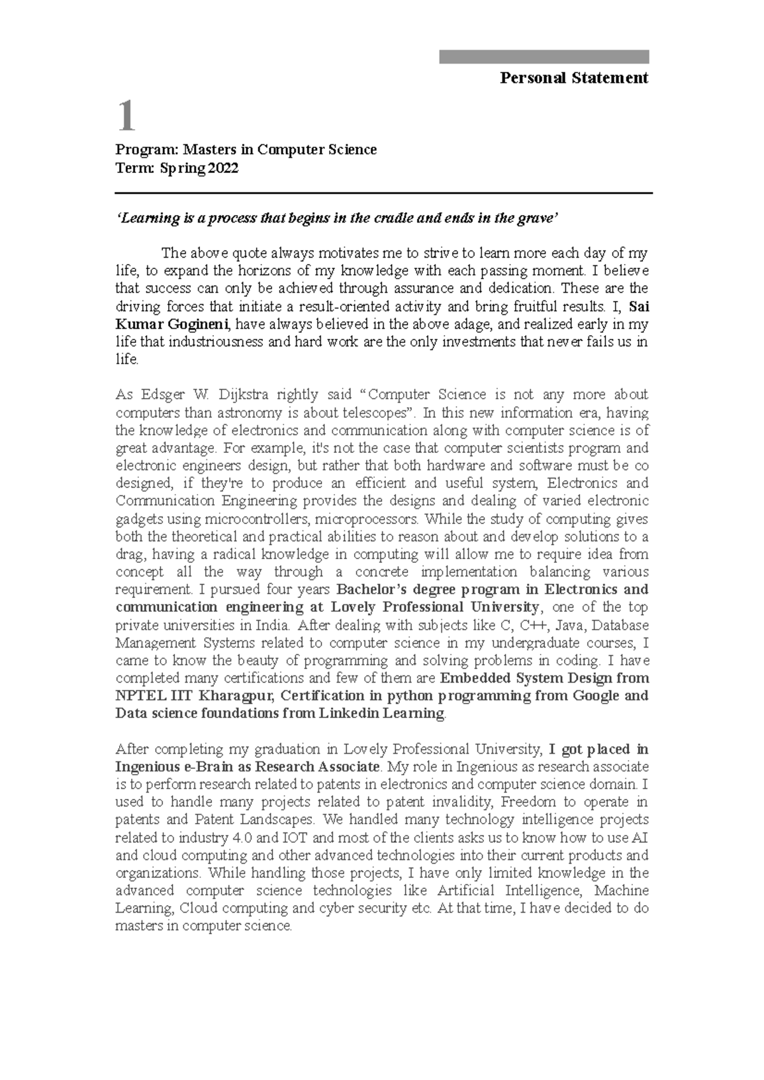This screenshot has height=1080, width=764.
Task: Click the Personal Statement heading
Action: (574, 78)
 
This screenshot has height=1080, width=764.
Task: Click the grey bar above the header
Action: (544, 57)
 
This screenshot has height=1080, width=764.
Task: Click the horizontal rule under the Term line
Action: (383, 193)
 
